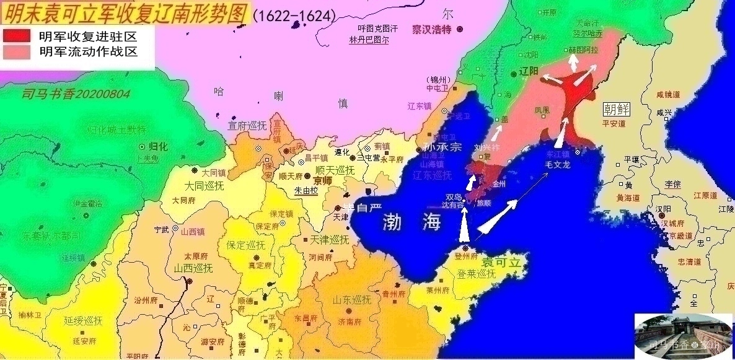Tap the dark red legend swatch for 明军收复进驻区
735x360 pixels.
18,35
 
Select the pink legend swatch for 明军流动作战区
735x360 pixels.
18,52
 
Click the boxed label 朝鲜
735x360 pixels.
616,109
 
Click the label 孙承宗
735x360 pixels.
442,148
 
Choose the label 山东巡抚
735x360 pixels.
351,300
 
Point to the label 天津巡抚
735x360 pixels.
329,239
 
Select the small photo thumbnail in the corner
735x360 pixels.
683,335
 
